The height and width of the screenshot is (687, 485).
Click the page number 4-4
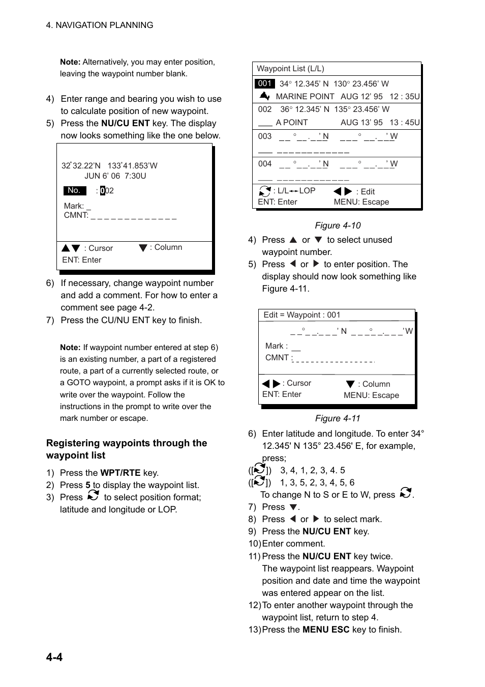click(54, 657)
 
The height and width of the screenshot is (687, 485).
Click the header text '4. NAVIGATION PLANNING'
click(100, 25)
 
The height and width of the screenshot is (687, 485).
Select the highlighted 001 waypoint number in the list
click(264, 83)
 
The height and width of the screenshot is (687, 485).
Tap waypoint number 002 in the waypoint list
click(265, 109)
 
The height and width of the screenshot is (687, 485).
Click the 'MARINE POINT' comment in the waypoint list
click(305, 97)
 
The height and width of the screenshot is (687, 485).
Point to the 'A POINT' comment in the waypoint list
click(292, 123)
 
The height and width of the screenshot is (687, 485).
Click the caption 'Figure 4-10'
click(338, 225)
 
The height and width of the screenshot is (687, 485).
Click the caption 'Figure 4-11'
click(338, 418)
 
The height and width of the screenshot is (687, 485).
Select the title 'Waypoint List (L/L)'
click(290, 69)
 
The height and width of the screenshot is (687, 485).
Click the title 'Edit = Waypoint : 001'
click(302, 315)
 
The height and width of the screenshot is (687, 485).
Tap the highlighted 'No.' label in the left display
click(74, 190)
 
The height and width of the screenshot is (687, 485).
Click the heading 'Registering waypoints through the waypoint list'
click(127, 449)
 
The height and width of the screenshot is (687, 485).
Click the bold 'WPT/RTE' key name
click(120, 473)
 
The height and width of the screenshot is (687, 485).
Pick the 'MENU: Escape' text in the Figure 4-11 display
click(371, 395)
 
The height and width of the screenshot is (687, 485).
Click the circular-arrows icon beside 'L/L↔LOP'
click(265, 191)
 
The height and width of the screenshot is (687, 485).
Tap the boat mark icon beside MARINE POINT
click(264, 96)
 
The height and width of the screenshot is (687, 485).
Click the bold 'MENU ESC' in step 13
click(326, 629)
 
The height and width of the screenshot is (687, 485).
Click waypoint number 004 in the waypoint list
click(265, 164)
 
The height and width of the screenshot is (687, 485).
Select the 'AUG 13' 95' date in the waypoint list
click(361, 123)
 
